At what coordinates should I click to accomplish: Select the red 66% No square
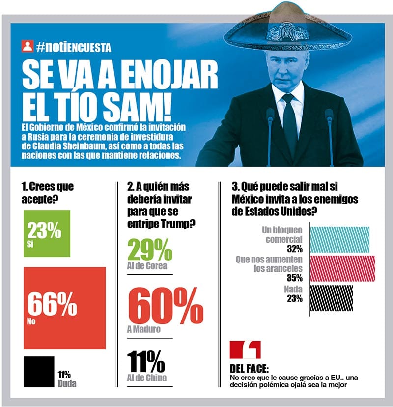click(64, 308)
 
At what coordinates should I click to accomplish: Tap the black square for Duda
click(38, 372)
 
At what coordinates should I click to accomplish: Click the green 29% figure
click(150, 250)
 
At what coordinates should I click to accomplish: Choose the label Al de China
click(146, 378)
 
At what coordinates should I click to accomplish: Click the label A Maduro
click(143, 329)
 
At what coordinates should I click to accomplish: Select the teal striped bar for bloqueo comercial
click(339, 238)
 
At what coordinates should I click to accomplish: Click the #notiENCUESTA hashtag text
click(73, 47)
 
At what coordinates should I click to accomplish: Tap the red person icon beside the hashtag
click(28, 47)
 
